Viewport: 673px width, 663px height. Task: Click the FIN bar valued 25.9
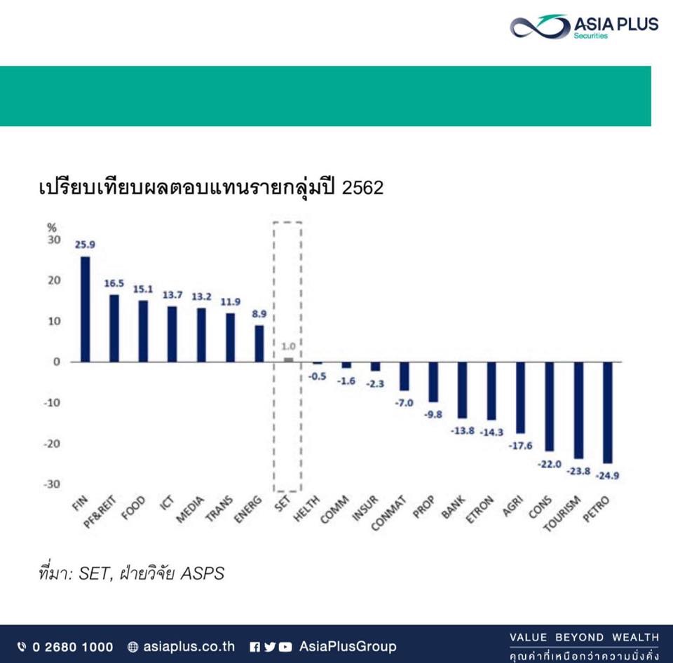[x=86, y=309]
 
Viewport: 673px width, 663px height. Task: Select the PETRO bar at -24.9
[x=608, y=413]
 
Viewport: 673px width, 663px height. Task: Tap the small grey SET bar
[x=288, y=360]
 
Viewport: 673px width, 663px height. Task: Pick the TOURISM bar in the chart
[x=578, y=410]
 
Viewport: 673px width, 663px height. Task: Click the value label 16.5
[x=114, y=283]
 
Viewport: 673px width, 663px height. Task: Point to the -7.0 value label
[x=404, y=403]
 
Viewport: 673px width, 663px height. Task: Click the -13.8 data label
[x=462, y=430]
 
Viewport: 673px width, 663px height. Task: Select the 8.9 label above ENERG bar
[x=259, y=314]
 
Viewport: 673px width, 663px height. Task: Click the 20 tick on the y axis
[x=54, y=280]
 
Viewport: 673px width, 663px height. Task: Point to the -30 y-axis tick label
[x=52, y=484]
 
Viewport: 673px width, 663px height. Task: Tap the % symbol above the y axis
[x=51, y=228]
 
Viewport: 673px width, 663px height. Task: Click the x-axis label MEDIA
[x=190, y=510]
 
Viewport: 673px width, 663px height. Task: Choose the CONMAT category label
[x=388, y=513]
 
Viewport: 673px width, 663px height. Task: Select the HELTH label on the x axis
[x=306, y=509]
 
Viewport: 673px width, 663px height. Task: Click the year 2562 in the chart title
[x=362, y=188]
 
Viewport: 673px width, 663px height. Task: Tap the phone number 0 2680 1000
[x=72, y=647]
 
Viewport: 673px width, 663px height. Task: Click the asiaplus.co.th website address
[x=189, y=647]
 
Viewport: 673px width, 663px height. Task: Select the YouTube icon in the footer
[x=285, y=647]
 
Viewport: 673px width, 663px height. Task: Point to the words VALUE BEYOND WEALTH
[x=584, y=637]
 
